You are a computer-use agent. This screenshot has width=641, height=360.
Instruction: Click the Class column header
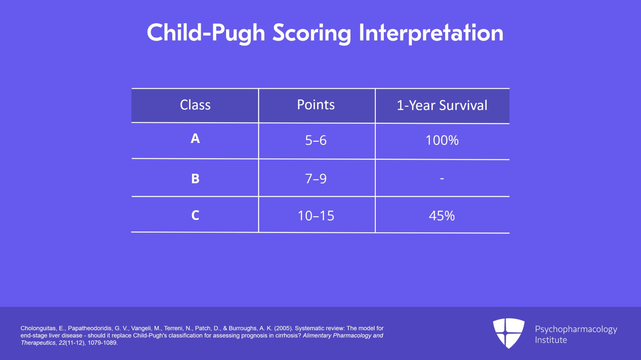coord(195,105)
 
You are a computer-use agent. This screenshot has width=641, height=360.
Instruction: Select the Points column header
coord(316,105)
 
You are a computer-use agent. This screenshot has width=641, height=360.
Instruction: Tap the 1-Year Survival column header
coord(442,105)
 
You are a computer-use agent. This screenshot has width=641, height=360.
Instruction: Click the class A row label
coord(195,139)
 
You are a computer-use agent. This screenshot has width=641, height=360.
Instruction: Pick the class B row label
coord(195,179)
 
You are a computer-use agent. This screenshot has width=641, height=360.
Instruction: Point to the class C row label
coord(195,215)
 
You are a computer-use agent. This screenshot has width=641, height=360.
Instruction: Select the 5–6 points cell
coord(316,141)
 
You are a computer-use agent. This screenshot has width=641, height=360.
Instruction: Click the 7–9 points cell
coord(316,179)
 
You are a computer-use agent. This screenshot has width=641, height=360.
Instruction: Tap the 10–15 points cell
coord(316,216)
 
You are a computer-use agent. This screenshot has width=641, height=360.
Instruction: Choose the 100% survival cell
coord(442,141)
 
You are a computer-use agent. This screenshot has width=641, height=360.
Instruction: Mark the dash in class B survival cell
coord(442,179)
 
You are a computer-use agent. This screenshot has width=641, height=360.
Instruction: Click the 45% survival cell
coord(442,216)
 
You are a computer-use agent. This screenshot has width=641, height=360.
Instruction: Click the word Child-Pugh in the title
coord(206,33)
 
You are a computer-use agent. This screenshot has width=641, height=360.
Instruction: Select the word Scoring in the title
coord(312,33)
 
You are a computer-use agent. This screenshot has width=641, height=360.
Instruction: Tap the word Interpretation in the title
coord(431,33)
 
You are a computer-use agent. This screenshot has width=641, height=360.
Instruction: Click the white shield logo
coord(508,333)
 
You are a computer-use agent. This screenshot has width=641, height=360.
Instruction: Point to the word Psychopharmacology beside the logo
coord(576,329)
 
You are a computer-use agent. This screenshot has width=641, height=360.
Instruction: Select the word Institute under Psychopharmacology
coord(551,340)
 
